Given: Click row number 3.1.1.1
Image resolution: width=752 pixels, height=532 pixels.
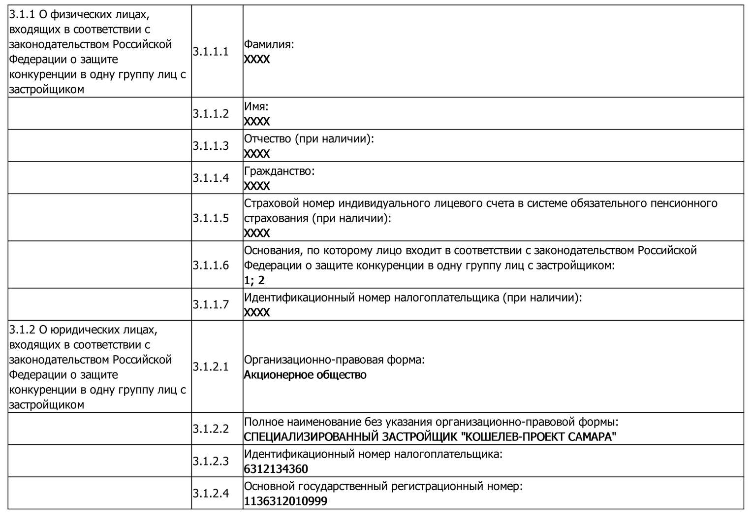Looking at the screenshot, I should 211,52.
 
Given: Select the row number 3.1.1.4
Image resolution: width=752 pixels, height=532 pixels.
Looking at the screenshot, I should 211,178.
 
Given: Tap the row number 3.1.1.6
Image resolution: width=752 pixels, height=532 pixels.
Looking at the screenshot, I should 211,265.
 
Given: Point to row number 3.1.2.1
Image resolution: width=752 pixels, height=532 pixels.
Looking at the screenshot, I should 211,366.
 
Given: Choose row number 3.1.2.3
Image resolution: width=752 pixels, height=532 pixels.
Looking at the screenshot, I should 211,461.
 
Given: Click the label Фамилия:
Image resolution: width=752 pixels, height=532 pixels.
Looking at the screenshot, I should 269,44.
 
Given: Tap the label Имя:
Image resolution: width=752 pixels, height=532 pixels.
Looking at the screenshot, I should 256,106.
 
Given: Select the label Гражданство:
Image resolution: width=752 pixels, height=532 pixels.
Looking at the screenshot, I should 279,171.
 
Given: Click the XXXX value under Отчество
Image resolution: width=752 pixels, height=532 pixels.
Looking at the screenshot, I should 257,154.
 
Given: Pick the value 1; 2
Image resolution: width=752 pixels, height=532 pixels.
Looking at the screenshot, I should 254,280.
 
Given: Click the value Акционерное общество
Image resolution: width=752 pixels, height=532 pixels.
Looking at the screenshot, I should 305,375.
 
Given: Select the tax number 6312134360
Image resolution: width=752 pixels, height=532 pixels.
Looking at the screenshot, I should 276,468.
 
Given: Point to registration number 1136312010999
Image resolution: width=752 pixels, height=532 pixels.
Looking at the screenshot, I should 285,501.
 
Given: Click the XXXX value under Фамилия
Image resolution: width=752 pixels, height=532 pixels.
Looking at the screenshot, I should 257,60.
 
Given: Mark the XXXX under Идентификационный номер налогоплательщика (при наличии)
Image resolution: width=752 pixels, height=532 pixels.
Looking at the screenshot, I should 257,312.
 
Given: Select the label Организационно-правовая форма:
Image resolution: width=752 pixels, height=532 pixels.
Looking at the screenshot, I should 334,360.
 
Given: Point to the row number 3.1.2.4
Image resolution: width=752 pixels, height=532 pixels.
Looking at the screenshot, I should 211,493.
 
